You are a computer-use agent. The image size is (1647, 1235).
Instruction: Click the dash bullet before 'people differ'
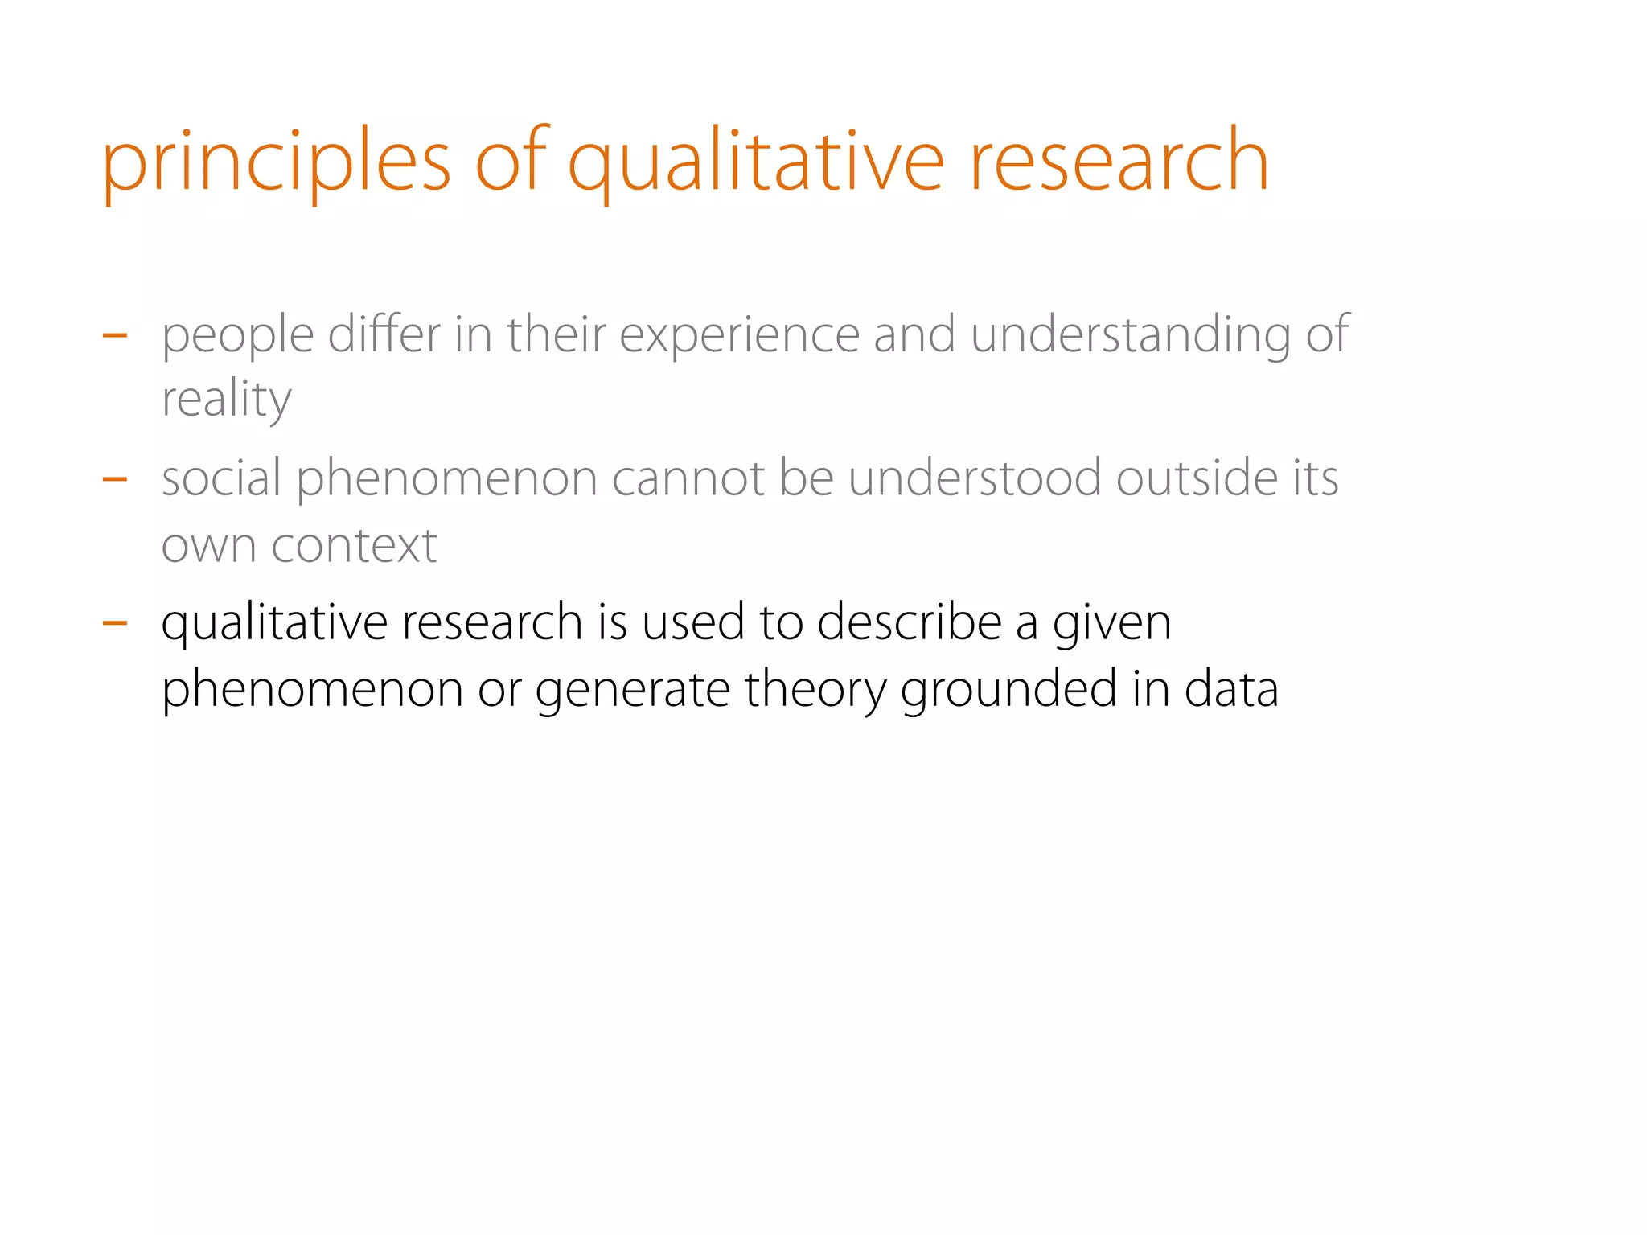(115, 335)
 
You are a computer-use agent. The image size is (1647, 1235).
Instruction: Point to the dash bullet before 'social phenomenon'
(115, 479)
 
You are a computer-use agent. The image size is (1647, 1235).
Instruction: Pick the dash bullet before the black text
(115, 622)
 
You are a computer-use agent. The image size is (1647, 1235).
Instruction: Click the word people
(237, 336)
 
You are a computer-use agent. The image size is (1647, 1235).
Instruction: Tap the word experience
(739, 336)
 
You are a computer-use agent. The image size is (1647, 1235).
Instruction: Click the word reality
(226, 400)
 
